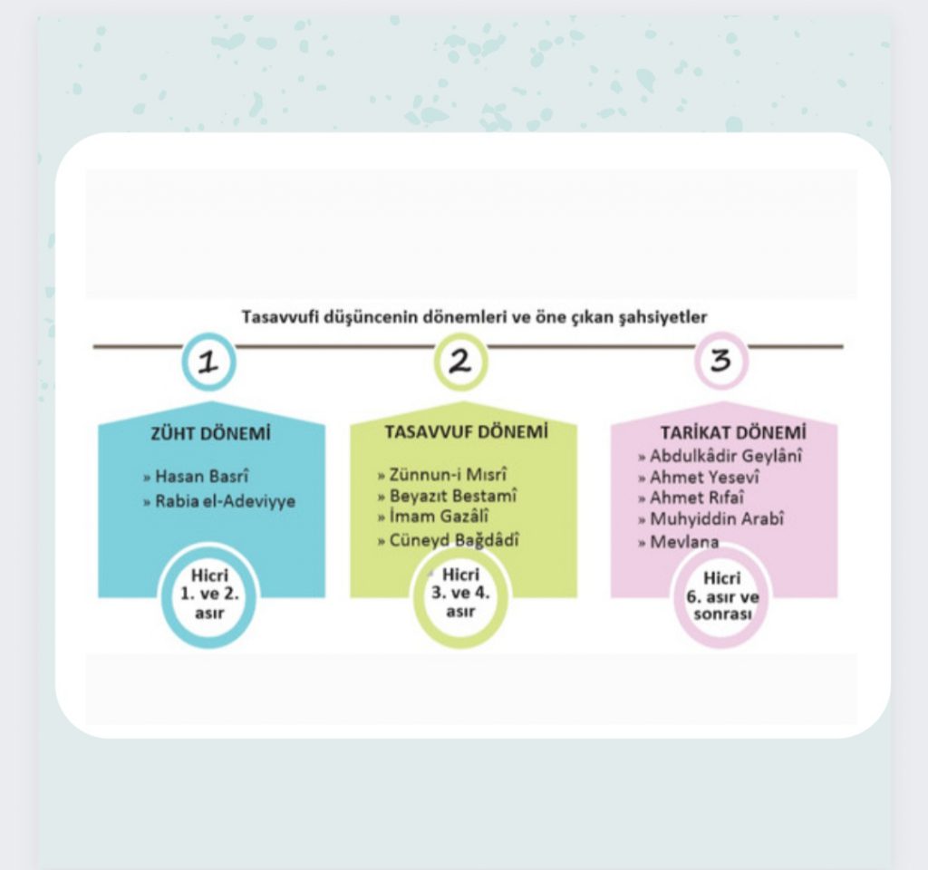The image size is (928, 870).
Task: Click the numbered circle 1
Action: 208,362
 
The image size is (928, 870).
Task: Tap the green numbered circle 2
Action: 460,362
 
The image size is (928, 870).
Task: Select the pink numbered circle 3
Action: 720,361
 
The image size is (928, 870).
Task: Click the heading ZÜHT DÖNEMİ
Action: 211,433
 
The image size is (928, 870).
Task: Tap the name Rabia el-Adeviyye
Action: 225,500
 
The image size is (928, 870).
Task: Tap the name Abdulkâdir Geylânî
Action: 726,456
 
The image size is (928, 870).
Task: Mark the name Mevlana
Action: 684,542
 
